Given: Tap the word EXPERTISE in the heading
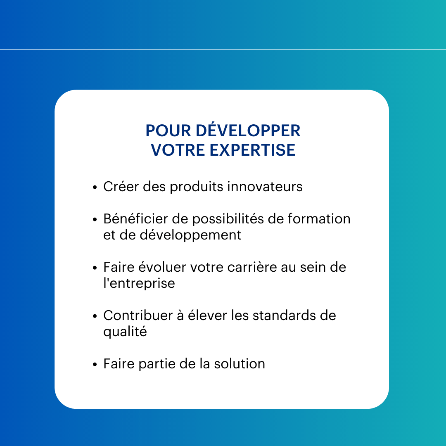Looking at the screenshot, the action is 252,150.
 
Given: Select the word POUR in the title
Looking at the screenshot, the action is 168,131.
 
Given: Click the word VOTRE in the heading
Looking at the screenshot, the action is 178,150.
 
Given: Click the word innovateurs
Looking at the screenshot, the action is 265,187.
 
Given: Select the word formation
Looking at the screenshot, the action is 319,219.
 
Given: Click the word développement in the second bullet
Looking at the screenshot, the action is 190,235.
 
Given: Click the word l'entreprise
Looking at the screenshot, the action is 139,283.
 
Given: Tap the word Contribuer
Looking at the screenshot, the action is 138,316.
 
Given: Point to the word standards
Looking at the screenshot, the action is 284,316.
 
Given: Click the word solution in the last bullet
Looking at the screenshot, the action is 240,364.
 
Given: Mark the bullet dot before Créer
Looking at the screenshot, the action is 95,187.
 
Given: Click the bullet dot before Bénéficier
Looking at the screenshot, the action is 95,220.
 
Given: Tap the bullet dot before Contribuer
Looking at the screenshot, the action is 95,316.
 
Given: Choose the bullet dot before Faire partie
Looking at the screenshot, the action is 95,365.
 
